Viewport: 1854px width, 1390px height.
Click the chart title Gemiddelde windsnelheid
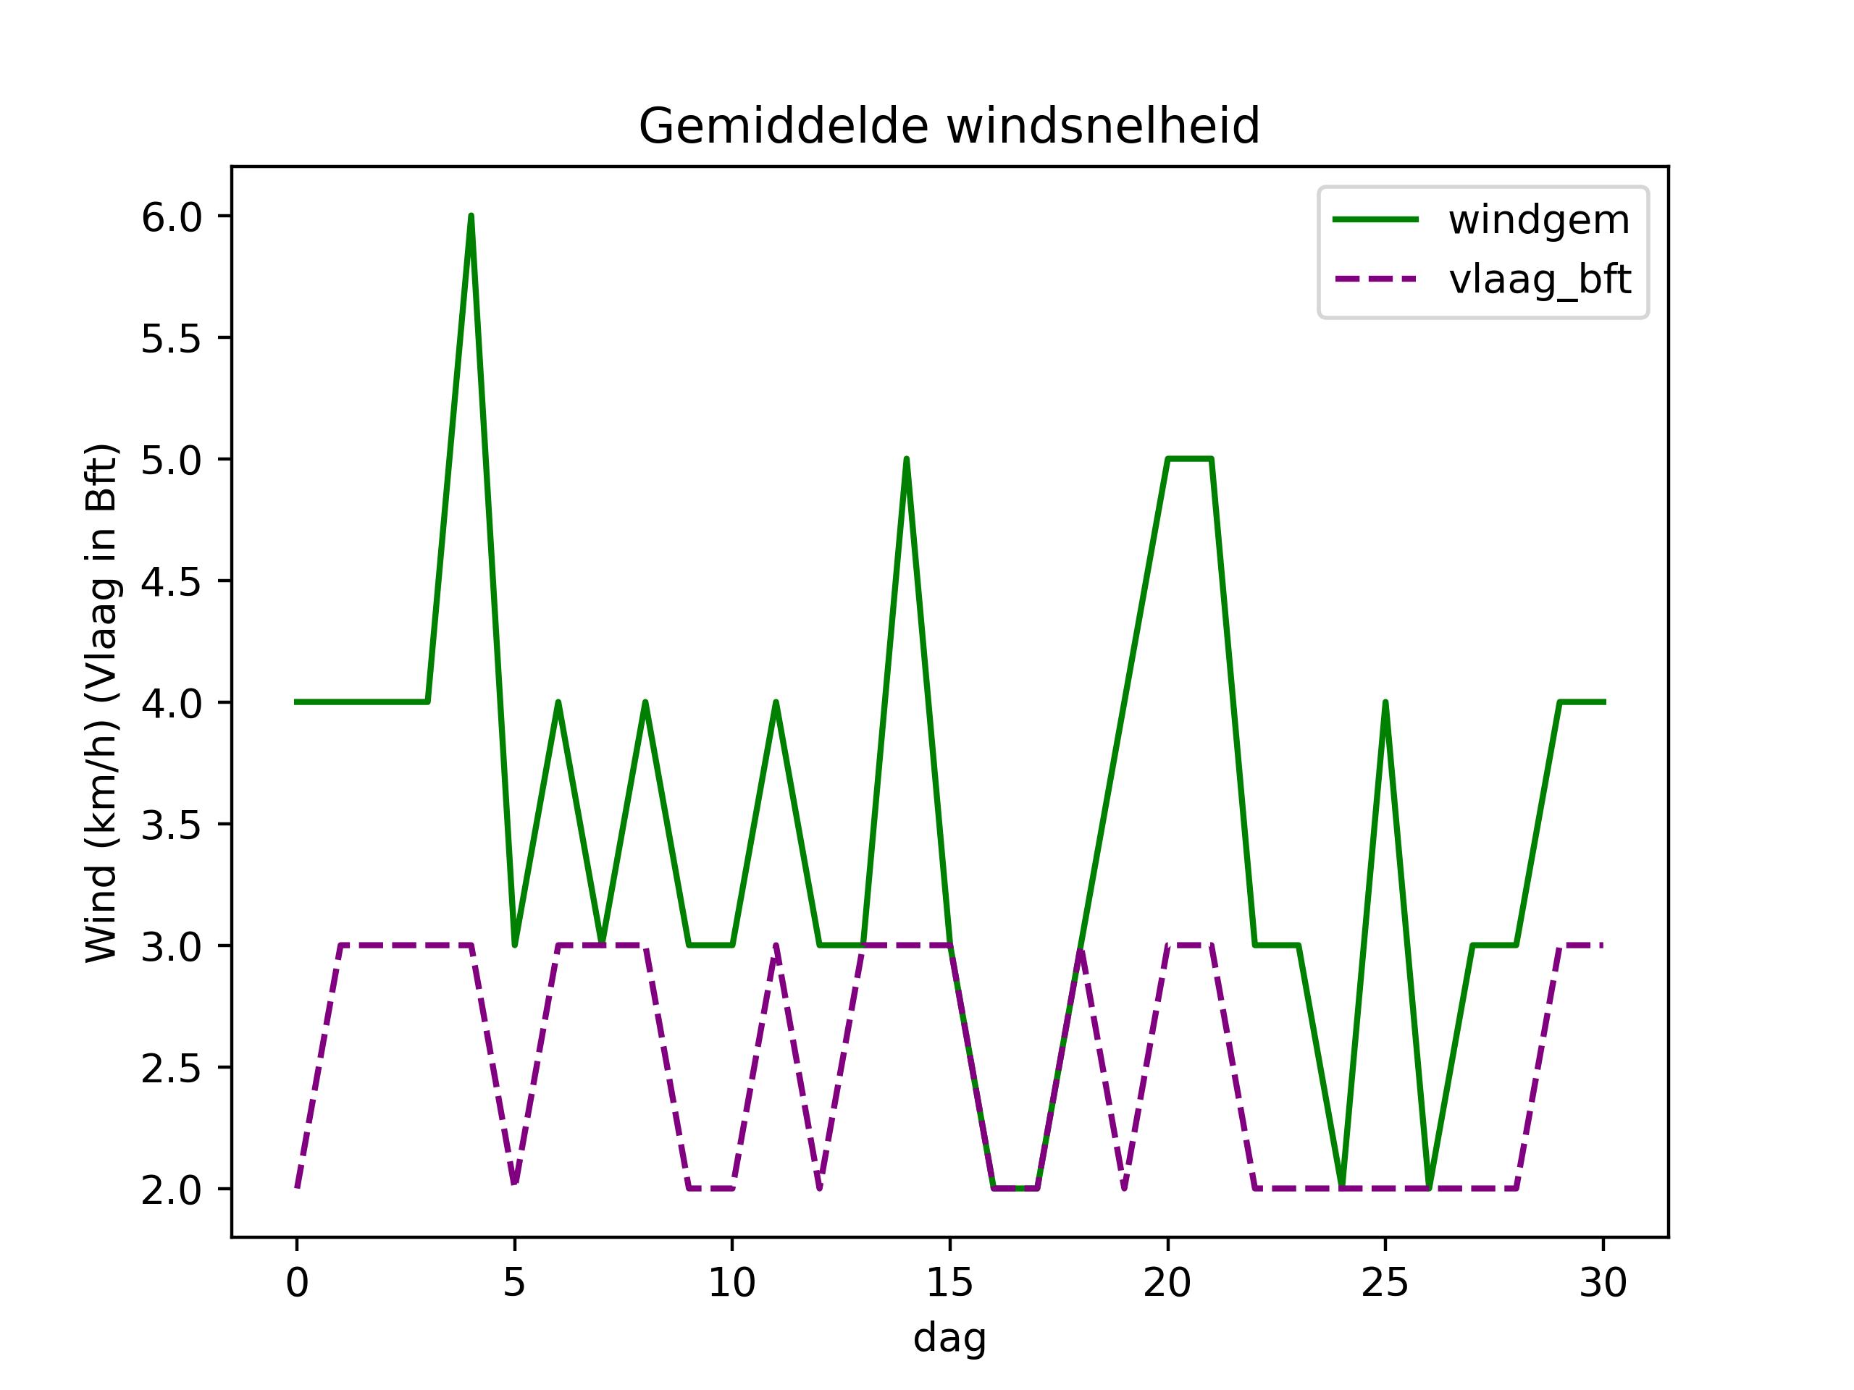pos(949,127)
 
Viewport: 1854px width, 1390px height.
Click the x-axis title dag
pos(949,1338)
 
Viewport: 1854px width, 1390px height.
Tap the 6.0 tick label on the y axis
pos(172,217)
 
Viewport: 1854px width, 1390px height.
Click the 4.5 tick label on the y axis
pos(172,581)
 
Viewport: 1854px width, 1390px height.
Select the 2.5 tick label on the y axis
pos(172,1069)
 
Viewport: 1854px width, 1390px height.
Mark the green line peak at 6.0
pos(471,216)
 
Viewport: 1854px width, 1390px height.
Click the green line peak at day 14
pos(906,459)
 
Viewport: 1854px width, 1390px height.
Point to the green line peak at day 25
pos(1385,702)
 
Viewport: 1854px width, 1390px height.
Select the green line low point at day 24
pos(1342,1187)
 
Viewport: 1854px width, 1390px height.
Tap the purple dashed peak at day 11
pos(776,946)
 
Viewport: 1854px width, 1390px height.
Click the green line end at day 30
pos(1603,702)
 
